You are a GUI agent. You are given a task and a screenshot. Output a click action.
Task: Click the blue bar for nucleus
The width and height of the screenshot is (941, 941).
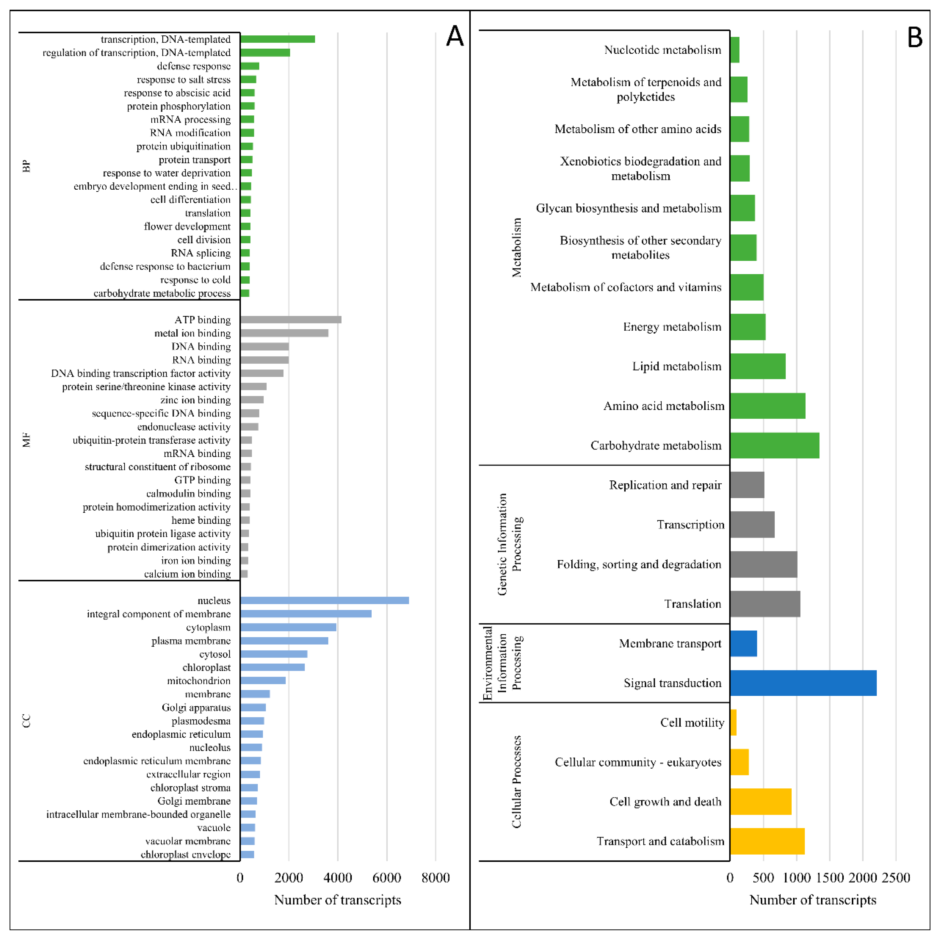click(324, 601)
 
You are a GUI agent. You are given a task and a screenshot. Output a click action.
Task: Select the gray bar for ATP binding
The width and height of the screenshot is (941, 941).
click(291, 320)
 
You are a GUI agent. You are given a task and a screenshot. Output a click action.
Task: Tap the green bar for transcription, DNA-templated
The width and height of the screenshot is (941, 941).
click(278, 39)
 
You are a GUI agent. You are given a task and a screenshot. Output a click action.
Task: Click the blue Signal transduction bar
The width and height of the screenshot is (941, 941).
click(803, 683)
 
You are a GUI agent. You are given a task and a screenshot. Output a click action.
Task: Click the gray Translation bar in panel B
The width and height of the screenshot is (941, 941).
click(765, 604)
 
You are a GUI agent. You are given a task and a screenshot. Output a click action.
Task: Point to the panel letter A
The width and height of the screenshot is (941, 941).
click(455, 36)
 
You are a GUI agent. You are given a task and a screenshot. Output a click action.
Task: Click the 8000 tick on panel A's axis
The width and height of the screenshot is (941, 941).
click(435, 878)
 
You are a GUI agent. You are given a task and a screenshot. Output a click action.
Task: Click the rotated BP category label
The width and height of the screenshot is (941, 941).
click(27, 166)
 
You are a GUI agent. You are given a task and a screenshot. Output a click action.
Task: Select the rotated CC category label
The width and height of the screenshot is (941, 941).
click(27, 721)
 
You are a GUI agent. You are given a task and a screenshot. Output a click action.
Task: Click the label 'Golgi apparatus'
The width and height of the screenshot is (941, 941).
click(196, 707)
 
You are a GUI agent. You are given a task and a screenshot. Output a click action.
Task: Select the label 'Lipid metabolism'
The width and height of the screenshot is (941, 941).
click(676, 366)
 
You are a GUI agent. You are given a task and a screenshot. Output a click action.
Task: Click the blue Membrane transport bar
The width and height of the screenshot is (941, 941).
click(743, 643)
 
